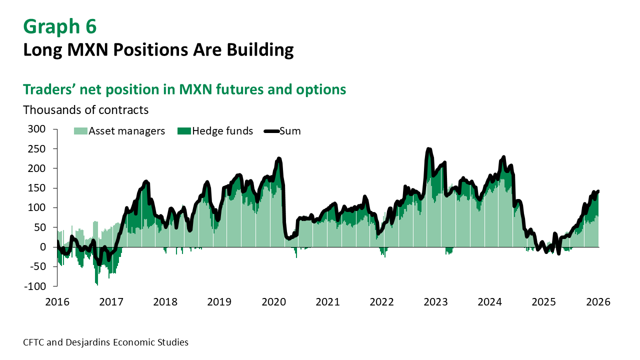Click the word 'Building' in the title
point(260,50)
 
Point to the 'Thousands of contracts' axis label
point(85,109)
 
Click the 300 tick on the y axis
point(37,129)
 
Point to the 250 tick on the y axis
point(37,149)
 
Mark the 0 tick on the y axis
point(42,247)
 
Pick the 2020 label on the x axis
point(273,302)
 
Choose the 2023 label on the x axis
point(435,302)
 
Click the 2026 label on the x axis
point(598,302)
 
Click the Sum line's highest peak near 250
point(428,149)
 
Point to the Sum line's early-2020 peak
point(279,158)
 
